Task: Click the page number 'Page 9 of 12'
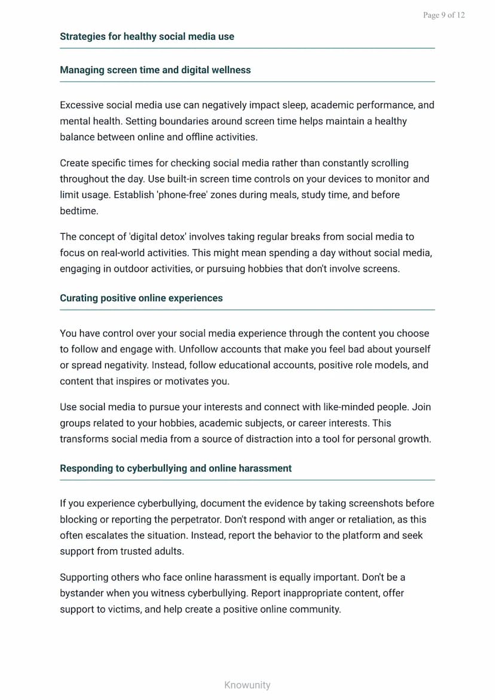tap(444, 15)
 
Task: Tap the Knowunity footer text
tap(247, 685)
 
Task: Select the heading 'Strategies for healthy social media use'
tap(147, 36)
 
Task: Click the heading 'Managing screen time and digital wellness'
tap(155, 70)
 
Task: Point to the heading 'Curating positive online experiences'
tap(141, 298)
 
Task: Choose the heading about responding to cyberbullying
tap(176, 468)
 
